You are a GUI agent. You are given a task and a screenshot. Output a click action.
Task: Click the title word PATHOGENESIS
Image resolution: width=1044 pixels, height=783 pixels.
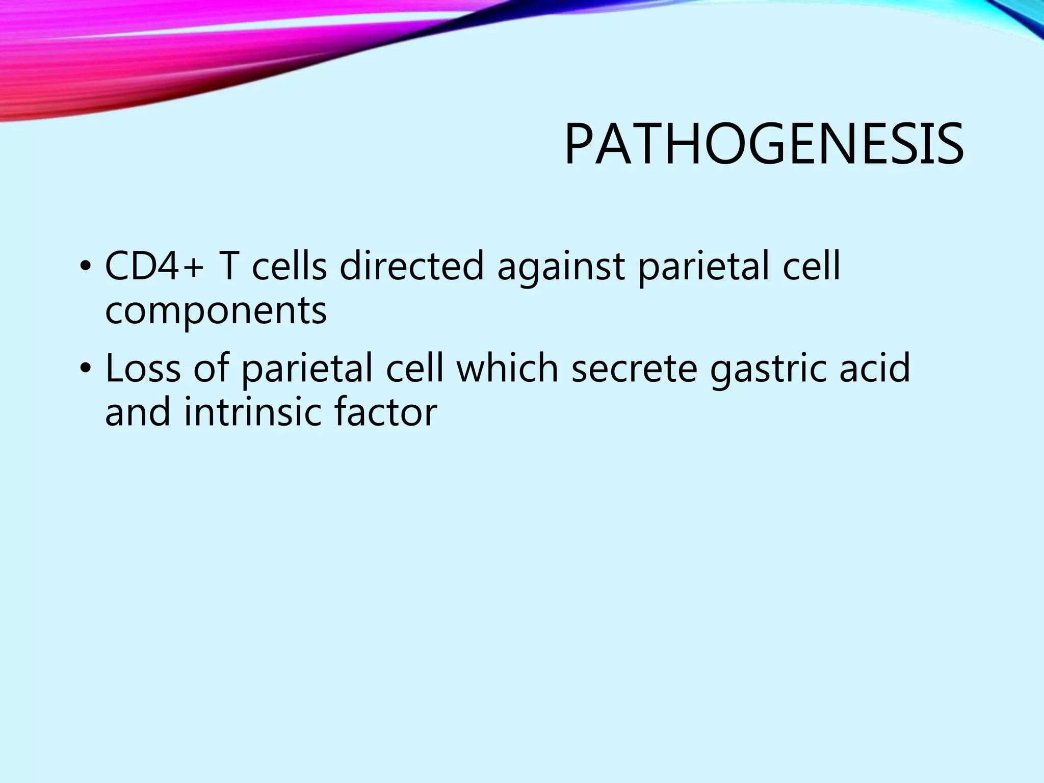coord(764,145)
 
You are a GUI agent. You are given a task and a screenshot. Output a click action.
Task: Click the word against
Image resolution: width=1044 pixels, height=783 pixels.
coord(561,267)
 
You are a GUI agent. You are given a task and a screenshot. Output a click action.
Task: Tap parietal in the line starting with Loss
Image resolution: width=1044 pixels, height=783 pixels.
coord(306,369)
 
